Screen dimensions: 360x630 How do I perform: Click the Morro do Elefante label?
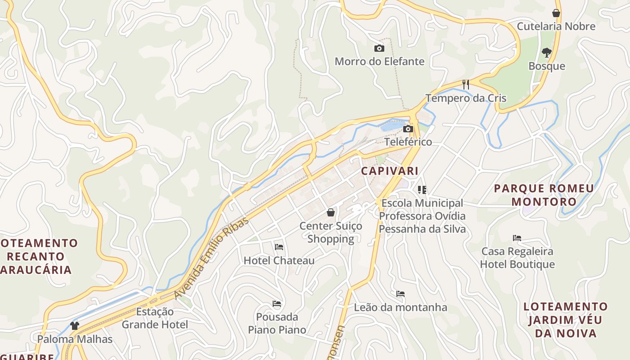pyautogui.click(x=379, y=61)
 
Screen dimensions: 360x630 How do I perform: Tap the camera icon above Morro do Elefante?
pyautogui.click(x=379, y=48)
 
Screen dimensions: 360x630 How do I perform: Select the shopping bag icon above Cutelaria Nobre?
pyautogui.click(x=556, y=13)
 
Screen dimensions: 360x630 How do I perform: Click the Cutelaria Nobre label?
pyautogui.click(x=556, y=26)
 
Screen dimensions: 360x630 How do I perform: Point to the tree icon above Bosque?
pyautogui.click(x=547, y=53)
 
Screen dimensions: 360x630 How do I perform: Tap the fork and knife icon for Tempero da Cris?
pyautogui.click(x=466, y=84)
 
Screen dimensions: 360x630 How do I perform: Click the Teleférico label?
pyautogui.click(x=408, y=142)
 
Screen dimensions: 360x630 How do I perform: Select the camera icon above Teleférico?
pyautogui.click(x=408, y=129)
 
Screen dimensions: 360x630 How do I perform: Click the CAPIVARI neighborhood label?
pyautogui.click(x=390, y=171)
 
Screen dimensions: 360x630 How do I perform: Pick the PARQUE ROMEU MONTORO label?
pyautogui.click(x=544, y=195)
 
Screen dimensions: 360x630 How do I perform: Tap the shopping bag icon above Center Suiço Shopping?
pyautogui.click(x=331, y=212)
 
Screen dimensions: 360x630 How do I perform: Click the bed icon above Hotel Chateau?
pyautogui.click(x=279, y=247)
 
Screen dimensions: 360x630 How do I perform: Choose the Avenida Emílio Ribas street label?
pyautogui.click(x=211, y=257)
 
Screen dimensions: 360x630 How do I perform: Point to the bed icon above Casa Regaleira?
pyautogui.click(x=517, y=238)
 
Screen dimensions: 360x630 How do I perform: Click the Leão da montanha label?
pyautogui.click(x=400, y=307)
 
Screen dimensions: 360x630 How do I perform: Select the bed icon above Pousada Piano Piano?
pyautogui.click(x=277, y=304)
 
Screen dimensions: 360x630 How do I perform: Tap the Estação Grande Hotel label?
pyautogui.click(x=155, y=318)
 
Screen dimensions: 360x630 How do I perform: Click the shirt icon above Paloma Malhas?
pyautogui.click(x=75, y=326)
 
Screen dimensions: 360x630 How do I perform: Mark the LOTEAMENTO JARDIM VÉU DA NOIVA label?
pyautogui.click(x=565, y=320)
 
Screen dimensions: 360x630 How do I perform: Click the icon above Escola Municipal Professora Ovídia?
pyautogui.click(x=422, y=190)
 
